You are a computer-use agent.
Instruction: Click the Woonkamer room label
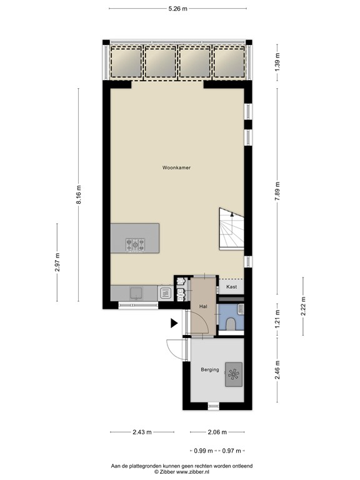176,168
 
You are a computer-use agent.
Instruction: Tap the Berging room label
209,369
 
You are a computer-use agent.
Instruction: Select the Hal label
203,307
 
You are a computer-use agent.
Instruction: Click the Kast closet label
231,287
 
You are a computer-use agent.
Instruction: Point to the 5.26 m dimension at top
178,9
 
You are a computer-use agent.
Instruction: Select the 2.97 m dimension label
57,263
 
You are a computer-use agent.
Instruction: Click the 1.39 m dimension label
277,62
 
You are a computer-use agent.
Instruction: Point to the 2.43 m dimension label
142,432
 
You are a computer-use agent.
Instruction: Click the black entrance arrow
174,323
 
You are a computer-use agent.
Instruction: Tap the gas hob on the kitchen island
136,244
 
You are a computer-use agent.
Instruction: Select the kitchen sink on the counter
134,291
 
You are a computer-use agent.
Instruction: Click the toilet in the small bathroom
231,322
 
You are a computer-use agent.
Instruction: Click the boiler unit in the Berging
234,374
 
